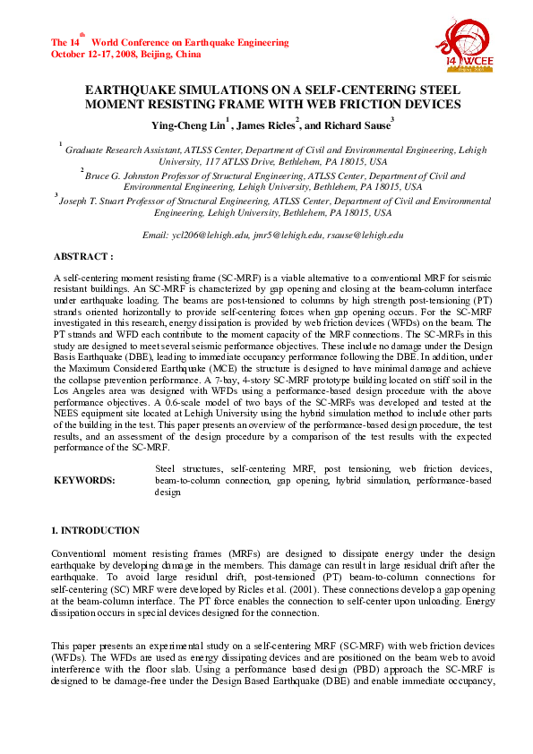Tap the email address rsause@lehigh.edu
[366, 235]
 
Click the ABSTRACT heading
[83, 256]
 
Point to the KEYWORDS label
[84, 481]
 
